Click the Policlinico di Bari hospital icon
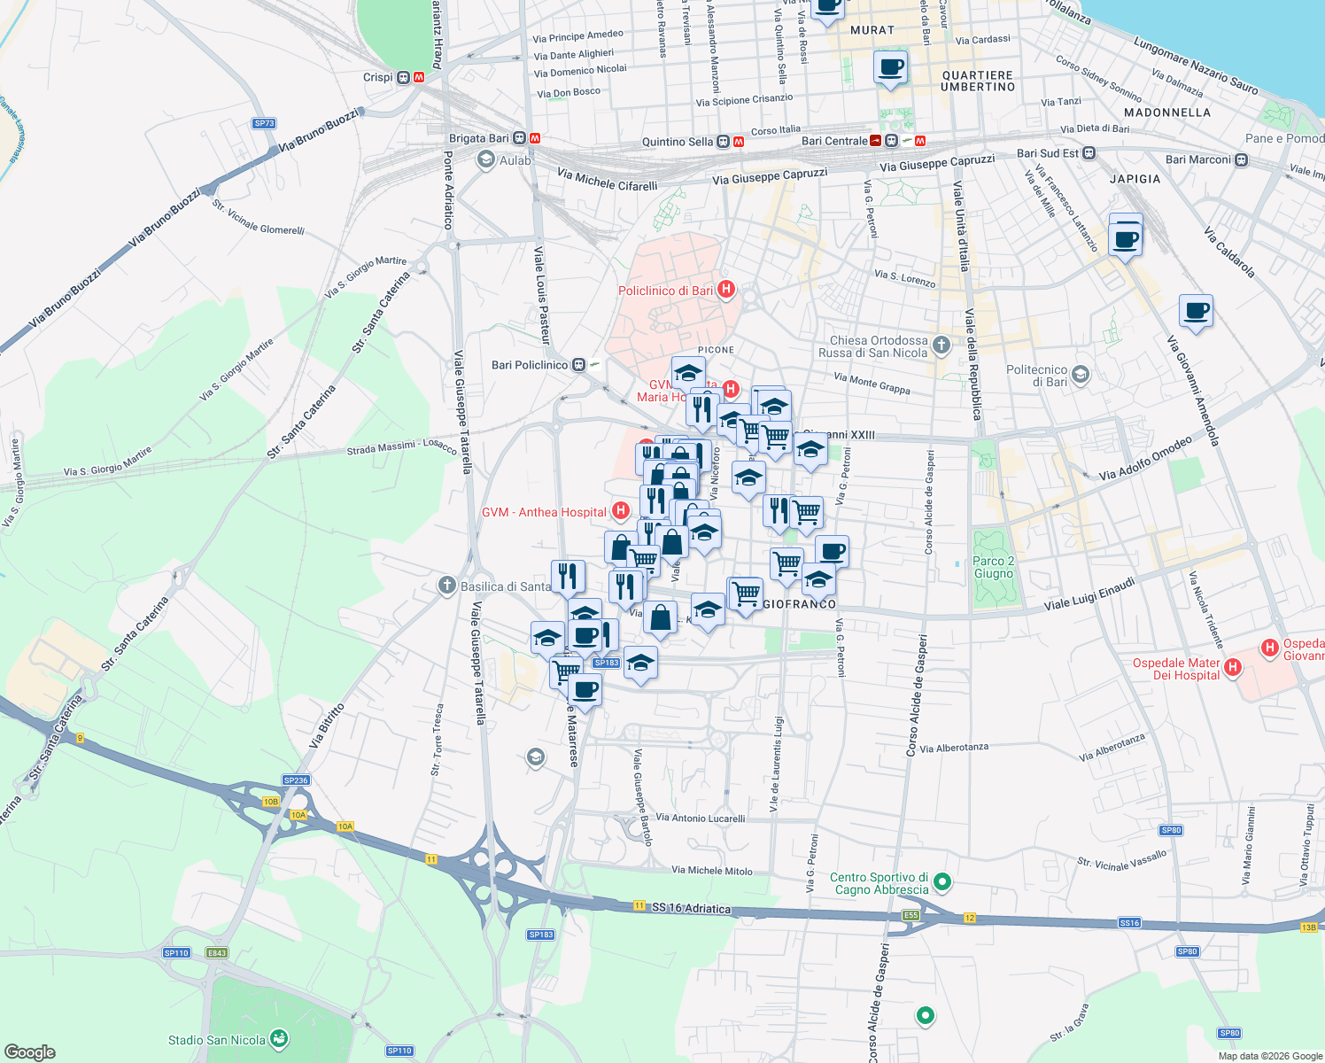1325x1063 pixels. coord(726,289)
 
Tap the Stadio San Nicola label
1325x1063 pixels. coord(217,1040)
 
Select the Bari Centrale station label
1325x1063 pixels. coord(834,141)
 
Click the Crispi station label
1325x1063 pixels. coord(377,77)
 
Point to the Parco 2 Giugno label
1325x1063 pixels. coord(993,567)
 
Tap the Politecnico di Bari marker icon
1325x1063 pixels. coord(1080,375)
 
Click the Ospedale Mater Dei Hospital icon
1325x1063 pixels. coord(1232,666)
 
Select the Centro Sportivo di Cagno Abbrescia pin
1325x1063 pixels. coord(942,881)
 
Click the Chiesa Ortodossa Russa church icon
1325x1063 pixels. coord(941,345)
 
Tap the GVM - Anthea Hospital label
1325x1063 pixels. coord(544,512)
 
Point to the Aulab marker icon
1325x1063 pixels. coord(485,159)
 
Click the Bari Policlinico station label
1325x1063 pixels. coord(530,365)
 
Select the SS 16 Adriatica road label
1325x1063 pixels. coord(691,908)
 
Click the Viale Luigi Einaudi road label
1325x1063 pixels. coord(1089,594)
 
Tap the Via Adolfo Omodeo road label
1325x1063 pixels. coord(1145,459)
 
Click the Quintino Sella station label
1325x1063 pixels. coord(678,142)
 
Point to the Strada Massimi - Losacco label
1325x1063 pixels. coord(401,447)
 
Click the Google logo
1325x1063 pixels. coord(30,1051)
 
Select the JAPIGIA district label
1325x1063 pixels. coord(1135,179)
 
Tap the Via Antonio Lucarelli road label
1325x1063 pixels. coord(701,818)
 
